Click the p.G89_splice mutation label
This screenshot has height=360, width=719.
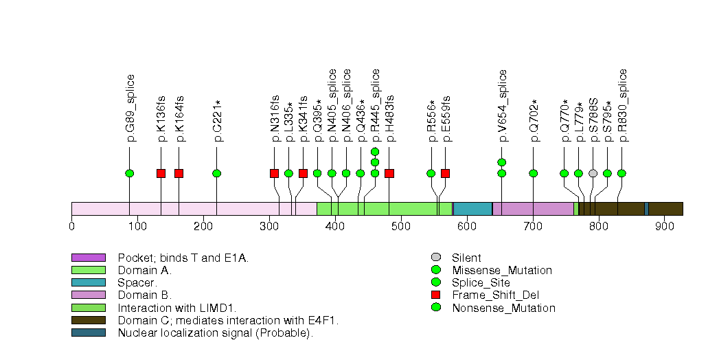tap(130, 108)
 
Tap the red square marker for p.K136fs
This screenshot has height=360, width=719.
tap(161, 173)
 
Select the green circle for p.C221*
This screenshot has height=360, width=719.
tap(217, 173)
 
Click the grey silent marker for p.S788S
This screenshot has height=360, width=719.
tap(593, 173)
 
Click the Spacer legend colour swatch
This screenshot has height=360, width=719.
tap(88, 282)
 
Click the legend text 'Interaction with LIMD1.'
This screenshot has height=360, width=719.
tap(176, 308)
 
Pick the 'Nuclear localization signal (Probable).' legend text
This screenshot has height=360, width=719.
tap(215, 333)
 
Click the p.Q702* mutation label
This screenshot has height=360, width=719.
tap(534, 120)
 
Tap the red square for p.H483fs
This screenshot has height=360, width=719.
tap(389, 173)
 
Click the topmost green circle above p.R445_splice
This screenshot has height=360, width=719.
tap(375, 152)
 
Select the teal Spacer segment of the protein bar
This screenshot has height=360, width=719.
tap(472, 209)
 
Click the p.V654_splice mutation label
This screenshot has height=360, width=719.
tap(503, 106)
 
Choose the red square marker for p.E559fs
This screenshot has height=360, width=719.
tap(445, 173)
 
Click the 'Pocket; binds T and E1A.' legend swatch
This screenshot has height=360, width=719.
tap(88, 258)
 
